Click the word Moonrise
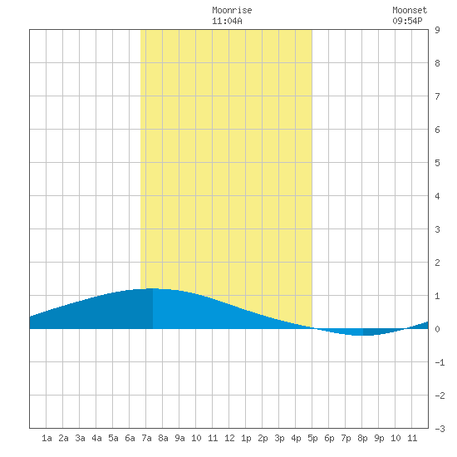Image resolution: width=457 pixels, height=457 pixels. coord(232,10)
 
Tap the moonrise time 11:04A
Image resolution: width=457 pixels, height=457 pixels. coord(227,21)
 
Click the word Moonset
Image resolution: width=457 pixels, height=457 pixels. coord(410,10)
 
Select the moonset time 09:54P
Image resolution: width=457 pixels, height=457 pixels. coord(407,21)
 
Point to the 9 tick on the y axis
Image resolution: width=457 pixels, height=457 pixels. coord(437,30)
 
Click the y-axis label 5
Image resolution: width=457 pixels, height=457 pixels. coord(437,163)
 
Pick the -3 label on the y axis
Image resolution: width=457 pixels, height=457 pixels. coord(440,429)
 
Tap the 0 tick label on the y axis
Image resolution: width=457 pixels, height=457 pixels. coord(437,329)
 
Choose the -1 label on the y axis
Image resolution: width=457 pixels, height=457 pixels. coord(440,362)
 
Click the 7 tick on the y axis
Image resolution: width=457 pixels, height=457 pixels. coord(437,96)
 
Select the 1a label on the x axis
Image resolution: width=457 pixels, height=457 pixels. coord(47,438)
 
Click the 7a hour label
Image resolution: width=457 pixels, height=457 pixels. coord(146,438)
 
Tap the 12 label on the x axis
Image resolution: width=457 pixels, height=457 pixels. coord(229,438)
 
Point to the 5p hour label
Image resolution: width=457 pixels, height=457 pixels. coord(312,438)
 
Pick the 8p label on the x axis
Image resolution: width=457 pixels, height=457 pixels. coord(362,438)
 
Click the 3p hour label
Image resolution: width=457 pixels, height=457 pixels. coord(279,438)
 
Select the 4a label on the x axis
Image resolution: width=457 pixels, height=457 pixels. coord(96,438)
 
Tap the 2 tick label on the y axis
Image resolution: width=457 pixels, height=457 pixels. coord(437,263)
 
